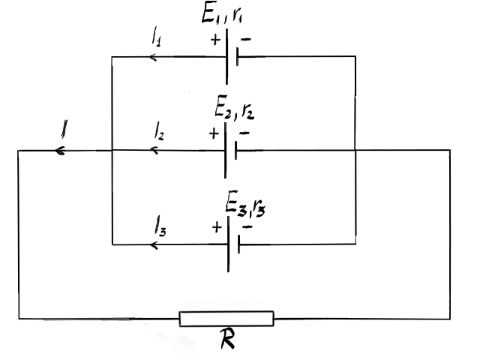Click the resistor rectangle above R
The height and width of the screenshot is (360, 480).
pyautogui.click(x=226, y=319)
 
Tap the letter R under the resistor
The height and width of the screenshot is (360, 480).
pyautogui.click(x=227, y=338)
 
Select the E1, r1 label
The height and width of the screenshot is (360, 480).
pyautogui.click(x=222, y=13)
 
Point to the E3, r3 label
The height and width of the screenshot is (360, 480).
pyautogui.click(x=245, y=203)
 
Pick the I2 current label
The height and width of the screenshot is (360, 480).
pyautogui.click(x=159, y=131)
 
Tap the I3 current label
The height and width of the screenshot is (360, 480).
pyautogui.click(x=160, y=226)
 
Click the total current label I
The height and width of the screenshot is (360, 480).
pyautogui.click(x=64, y=129)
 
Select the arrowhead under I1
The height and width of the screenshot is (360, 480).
pyautogui.click(x=153, y=57)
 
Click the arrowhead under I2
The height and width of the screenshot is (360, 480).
pyautogui.click(x=154, y=150)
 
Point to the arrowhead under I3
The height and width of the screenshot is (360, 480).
pyautogui.click(x=154, y=245)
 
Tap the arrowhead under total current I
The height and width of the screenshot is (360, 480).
pyautogui.click(x=60, y=151)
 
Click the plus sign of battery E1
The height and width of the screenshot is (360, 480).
pyautogui.click(x=215, y=40)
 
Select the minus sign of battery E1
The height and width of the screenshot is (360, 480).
pyautogui.click(x=246, y=39)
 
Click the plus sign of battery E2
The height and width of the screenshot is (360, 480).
pyautogui.click(x=214, y=133)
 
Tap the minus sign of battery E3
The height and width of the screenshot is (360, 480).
pyautogui.click(x=247, y=226)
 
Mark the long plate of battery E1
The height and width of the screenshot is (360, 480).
pyautogui.click(x=226, y=57)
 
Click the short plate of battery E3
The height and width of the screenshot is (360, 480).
pyautogui.click(x=238, y=244)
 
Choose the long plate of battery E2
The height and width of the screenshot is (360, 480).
pyautogui.click(x=225, y=150)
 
